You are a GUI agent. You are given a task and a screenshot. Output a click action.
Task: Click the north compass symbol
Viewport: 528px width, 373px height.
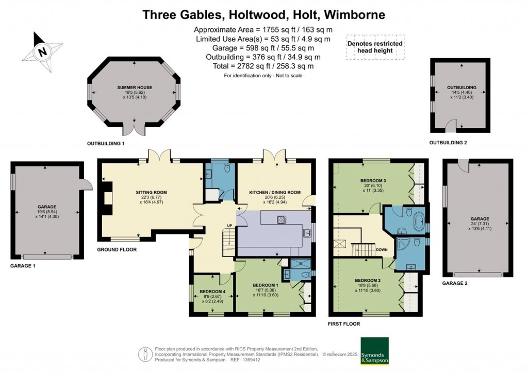(x=43, y=52)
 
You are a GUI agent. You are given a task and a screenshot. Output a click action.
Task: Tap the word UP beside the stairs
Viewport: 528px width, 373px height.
(x=230, y=226)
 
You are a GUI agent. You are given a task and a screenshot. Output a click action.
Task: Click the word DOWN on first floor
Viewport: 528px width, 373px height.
(x=382, y=249)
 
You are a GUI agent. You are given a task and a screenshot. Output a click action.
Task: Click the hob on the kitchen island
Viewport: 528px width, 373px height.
(x=282, y=220)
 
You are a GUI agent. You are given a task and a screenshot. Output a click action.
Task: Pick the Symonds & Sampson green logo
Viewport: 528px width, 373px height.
(x=374, y=351)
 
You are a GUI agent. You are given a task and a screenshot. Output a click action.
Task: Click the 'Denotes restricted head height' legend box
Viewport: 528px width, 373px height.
(x=375, y=47)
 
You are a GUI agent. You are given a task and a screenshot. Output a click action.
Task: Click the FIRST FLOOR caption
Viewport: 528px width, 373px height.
(x=344, y=324)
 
